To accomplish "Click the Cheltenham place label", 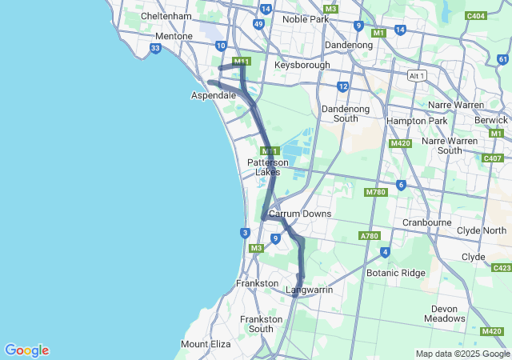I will point(166,16).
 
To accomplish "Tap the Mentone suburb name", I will point(174,36).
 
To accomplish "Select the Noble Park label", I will point(306,18).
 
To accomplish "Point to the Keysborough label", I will point(302,65).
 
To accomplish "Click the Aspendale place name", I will point(213,95).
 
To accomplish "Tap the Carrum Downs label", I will point(300,214).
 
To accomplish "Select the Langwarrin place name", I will point(309,290).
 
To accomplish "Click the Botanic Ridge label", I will point(396,273).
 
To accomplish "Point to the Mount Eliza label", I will point(206,344).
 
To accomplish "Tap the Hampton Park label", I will point(416,121).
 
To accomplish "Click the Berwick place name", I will point(491,119).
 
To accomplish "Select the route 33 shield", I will point(155,49).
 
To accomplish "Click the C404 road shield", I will point(476,15).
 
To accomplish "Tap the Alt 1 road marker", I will point(417,75).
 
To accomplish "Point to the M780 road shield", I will point(375,192).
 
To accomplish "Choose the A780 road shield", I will point(369,236).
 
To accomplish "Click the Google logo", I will point(26,350).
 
